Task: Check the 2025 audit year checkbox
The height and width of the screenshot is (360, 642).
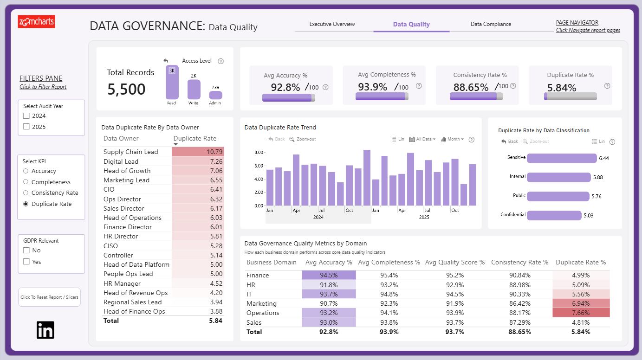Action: (x=26, y=127)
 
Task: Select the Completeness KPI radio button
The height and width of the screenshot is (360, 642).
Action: (x=26, y=182)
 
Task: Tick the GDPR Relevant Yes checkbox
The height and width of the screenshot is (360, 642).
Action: (x=26, y=262)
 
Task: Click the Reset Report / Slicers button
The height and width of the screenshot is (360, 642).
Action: (x=49, y=297)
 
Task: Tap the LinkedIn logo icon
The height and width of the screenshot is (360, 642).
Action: (x=45, y=330)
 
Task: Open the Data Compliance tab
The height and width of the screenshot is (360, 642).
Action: (x=491, y=24)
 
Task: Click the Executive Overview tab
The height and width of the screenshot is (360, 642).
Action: (x=332, y=24)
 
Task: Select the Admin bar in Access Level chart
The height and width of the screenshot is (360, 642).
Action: (x=215, y=95)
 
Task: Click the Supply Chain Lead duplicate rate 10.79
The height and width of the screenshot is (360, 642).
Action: (x=214, y=152)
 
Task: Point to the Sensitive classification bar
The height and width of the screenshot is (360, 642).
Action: (x=562, y=158)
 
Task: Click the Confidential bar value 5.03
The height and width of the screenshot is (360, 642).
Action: (x=589, y=215)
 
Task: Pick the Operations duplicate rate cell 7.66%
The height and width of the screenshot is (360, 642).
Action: (x=581, y=313)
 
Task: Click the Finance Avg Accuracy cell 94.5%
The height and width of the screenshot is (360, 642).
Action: (x=329, y=275)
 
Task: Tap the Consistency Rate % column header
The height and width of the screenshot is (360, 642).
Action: (x=519, y=262)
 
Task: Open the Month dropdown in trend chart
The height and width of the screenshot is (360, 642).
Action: (x=452, y=139)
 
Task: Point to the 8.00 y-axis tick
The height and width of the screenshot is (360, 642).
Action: (x=259, y=152)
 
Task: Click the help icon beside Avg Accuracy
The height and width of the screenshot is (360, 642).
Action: (x=325, y=87)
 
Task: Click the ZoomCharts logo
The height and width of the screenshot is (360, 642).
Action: (x=36, y=21)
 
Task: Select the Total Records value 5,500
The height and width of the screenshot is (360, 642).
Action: (x=126, y=89)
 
